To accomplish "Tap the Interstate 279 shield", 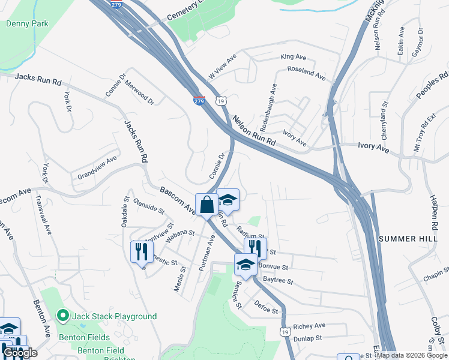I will coord(199,101).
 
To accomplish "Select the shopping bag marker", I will coord(206,204).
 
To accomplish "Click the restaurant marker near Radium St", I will coord(255,248).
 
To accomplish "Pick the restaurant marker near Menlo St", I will coord(142,251).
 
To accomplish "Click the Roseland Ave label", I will coord(306,73).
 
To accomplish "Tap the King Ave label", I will coord(294,57).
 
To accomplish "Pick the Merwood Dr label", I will coord(139,95).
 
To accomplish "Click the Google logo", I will coord(20,353).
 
